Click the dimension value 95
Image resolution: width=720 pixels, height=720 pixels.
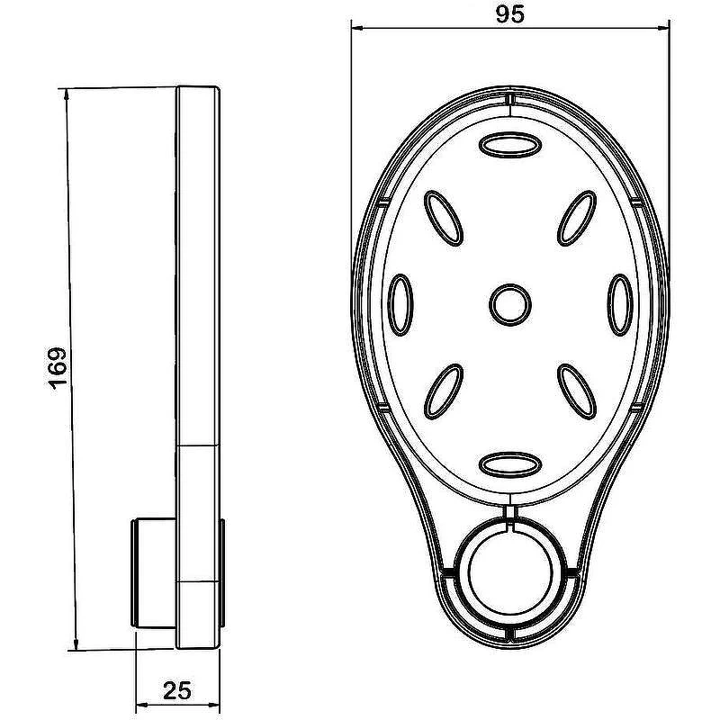pos(509,14)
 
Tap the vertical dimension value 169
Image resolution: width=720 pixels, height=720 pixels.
pos(58,368)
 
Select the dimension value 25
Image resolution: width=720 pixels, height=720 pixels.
pos(177,690)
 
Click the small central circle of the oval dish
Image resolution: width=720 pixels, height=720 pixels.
pos(510,305)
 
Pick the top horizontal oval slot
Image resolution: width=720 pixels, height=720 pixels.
pos(510,145)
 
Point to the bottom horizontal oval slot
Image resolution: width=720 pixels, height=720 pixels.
pos(510,464)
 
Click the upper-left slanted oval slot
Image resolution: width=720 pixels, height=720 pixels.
pos(443,218)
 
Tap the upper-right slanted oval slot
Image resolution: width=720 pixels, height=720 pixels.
pos(577,218)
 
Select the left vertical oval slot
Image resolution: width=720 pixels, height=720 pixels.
pos(400,305)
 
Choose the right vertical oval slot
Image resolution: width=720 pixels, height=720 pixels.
pos(620,305)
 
